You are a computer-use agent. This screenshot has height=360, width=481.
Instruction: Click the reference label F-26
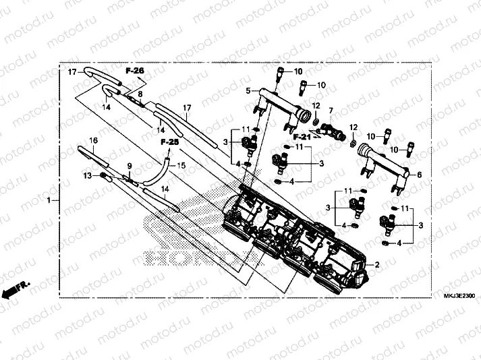134,70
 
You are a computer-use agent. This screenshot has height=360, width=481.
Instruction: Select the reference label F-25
170,142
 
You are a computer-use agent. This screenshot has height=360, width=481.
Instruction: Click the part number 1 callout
49,200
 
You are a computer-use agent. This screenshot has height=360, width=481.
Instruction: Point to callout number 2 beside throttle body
377,265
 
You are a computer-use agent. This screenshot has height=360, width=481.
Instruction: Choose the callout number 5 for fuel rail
248,90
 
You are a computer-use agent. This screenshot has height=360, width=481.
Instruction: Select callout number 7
331,110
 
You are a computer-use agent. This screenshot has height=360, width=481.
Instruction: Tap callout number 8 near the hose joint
140,94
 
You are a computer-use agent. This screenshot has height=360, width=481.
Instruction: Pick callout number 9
130,166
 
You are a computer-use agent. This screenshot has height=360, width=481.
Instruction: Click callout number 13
87,175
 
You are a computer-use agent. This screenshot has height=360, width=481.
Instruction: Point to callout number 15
180,166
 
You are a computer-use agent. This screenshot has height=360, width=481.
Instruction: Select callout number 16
94,140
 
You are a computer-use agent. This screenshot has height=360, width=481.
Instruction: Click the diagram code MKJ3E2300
459,295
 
